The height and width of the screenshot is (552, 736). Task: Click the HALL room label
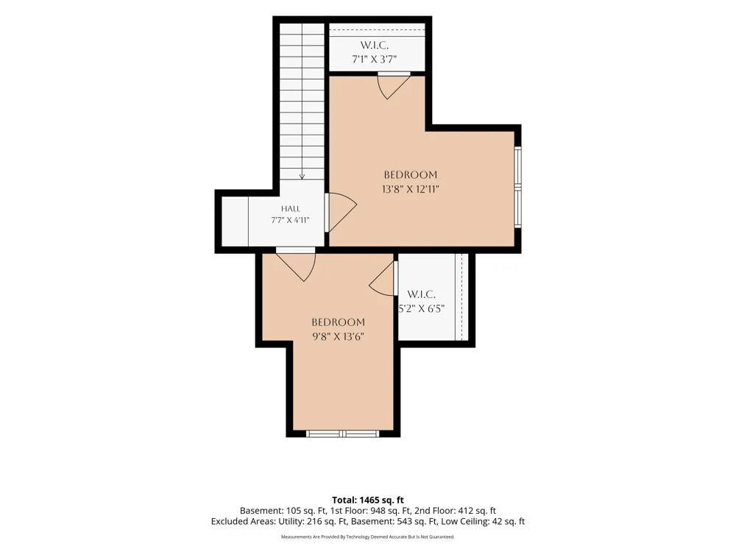point(291,208)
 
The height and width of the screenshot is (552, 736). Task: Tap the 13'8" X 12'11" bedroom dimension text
point(411,189)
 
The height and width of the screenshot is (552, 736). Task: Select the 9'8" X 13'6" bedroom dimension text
point(339,336)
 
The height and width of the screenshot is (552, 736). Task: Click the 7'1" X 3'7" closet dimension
point(375,59)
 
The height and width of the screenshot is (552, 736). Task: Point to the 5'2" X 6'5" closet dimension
point(421,308)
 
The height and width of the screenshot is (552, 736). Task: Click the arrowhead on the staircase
point(302,177)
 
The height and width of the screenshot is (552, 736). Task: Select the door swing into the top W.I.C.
point(394,88)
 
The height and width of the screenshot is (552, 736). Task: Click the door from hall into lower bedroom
point(296,266)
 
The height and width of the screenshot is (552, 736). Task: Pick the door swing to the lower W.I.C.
point(383,279)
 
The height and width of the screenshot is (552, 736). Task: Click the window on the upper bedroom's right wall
point(517,187)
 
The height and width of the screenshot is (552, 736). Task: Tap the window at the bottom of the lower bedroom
point(343,434)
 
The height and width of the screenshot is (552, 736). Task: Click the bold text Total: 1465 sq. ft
point(368,500)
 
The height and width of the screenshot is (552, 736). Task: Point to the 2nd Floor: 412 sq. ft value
point(456,511)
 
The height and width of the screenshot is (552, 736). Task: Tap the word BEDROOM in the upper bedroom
point(411,174)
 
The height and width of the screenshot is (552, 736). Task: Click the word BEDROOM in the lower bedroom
point(339,322)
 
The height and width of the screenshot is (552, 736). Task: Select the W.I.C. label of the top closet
point(375,45)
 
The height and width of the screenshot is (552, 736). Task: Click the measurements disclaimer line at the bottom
point(368,537)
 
